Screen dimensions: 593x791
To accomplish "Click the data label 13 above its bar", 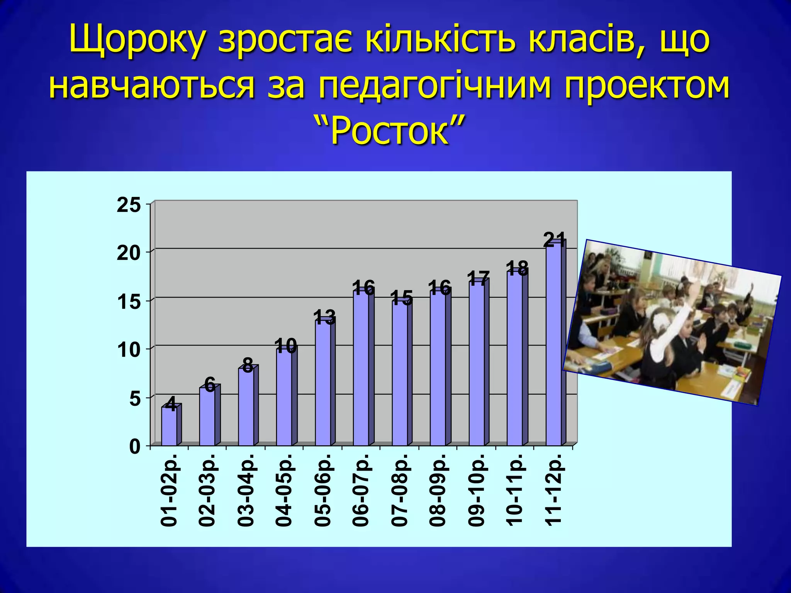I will [x=324, y=317].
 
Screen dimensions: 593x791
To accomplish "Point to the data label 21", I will [x=554, y=240].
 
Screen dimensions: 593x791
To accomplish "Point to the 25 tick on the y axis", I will [x=129, y=205].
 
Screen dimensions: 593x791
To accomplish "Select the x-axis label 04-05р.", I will [x=284, y=490].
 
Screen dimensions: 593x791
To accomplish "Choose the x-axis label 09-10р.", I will [x=477, y=490].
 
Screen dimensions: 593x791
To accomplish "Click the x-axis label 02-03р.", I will [x=208, y=490].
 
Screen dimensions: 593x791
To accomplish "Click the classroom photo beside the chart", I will [x=672, y=322].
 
